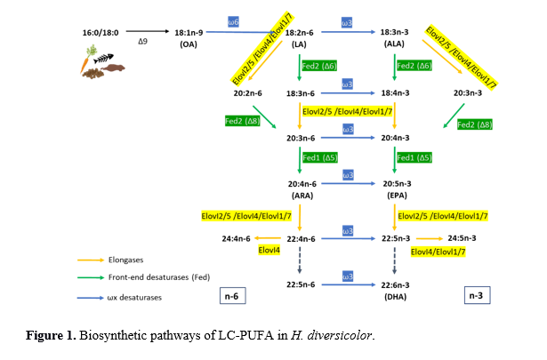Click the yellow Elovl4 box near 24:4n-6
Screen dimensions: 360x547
(270, 252)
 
